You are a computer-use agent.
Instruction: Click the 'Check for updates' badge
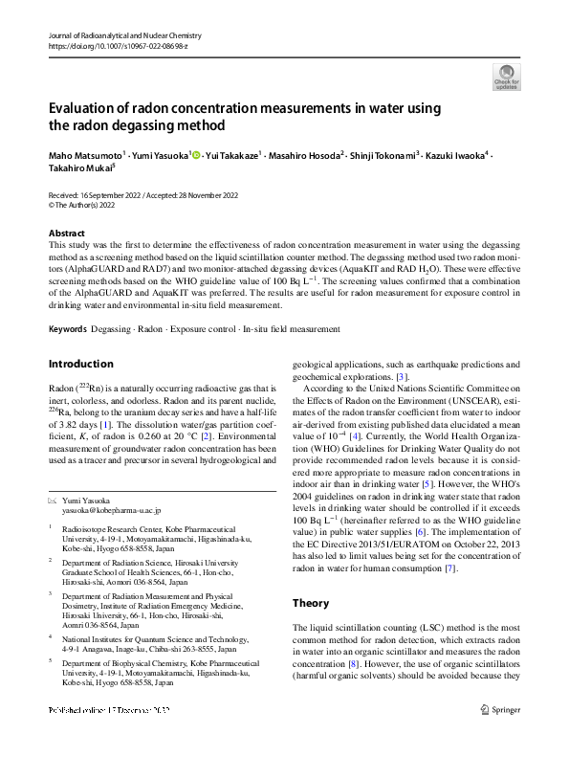coord(506,76)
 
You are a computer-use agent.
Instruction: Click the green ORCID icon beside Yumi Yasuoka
coord(196,154)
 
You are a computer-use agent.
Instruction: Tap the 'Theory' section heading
coord(310,603)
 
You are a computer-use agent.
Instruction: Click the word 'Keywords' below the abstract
coord(68,328)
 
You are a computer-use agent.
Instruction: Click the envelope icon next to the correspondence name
coord(53,501)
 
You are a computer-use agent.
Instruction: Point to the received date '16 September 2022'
coord(112,194)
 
